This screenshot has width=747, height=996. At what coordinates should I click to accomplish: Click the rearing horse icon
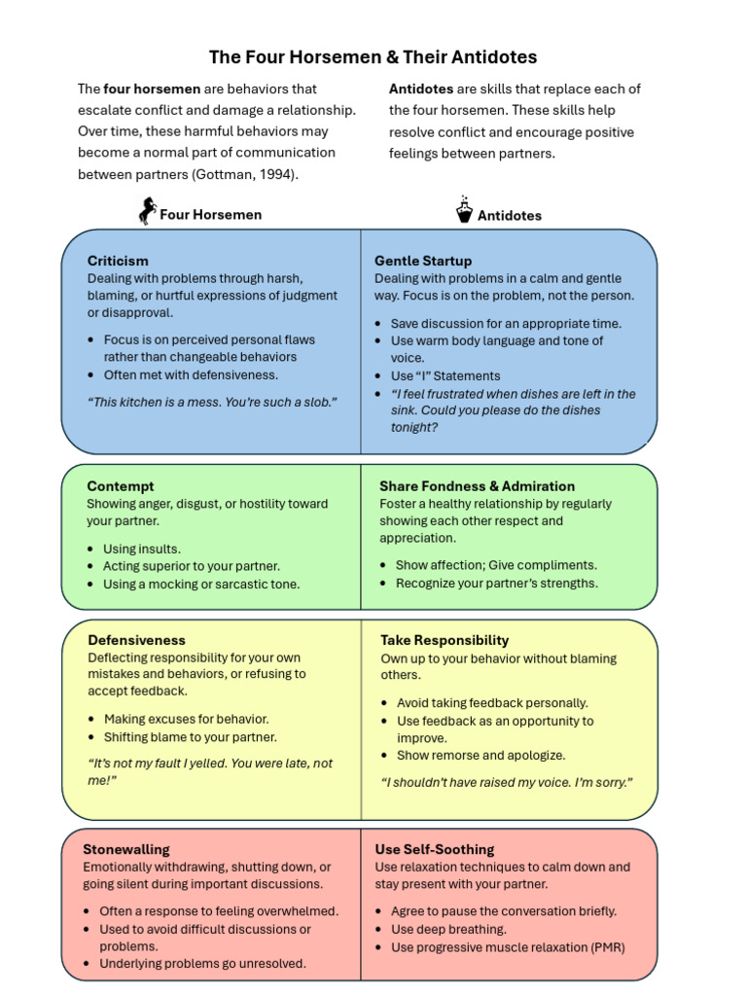click(147, 211)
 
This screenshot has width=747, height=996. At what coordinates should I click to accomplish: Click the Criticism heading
click(118, 261)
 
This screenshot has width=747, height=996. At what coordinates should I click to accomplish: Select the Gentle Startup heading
click(423, 261)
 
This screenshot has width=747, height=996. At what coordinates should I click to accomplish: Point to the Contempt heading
click(120, 486)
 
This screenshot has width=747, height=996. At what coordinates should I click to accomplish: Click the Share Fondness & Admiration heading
click(477, 486)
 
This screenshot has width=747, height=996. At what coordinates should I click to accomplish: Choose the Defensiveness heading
click(136, 640)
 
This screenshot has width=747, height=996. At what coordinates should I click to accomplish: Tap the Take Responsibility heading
click(445, 640)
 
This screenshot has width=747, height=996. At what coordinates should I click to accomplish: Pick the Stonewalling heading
click(125, 849)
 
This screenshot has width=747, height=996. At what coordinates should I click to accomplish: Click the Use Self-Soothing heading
click(435, 849)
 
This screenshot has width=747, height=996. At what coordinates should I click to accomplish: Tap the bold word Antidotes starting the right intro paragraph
click(421, 89)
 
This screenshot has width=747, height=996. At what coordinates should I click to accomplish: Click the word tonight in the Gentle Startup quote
click(411, 427)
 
